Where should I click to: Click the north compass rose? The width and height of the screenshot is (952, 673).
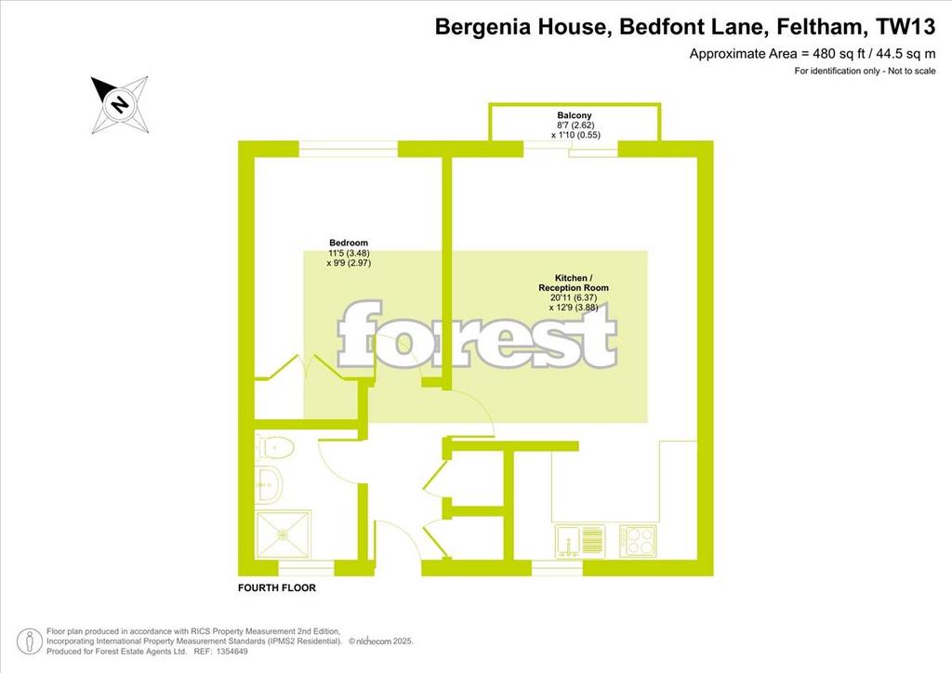point(120,104)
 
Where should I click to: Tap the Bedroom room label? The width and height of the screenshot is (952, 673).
point(349,243)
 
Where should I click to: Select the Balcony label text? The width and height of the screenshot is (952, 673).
point(575,114)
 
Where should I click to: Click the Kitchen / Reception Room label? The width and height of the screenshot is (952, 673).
point(573,283)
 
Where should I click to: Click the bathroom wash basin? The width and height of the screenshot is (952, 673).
point(269,485)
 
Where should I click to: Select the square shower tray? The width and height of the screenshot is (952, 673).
point(283,534)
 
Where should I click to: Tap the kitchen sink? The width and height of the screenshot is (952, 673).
point(579,540)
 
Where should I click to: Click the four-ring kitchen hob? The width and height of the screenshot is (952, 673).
point(638,541)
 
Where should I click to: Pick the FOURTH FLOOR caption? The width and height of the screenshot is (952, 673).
point(277,587)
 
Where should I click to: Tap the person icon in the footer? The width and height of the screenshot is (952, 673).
point(29,641)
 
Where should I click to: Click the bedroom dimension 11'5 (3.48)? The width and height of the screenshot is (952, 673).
point(350,253)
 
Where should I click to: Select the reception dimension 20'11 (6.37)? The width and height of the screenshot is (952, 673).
point(574,298)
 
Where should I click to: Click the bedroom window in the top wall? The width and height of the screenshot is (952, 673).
point(349,149)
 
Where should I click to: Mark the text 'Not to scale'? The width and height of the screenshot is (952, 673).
point(912,71)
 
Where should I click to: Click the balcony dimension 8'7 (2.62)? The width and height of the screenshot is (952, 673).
point(575,125)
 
